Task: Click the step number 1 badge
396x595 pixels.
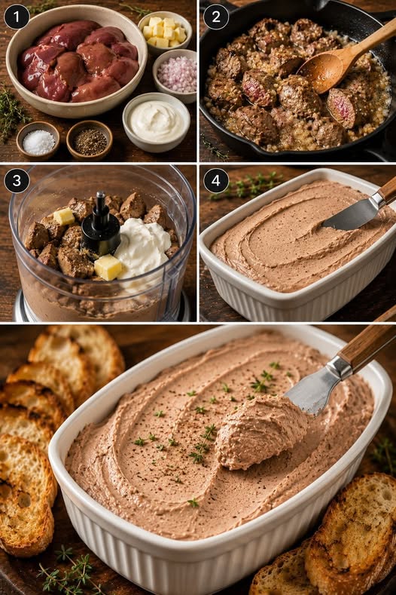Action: click(x=17, y=17)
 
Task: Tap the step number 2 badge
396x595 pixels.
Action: click(x=215, y=17)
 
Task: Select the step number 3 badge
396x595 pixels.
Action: click(x=17, y=180)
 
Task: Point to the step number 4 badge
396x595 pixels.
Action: click(x=215, y=180)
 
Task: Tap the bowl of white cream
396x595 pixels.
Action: click(x=156, y=122)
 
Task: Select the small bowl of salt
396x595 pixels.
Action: click(x=38, y=140)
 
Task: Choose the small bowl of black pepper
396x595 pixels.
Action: click(x=90, y=140)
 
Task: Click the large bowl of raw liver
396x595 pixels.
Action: click(x=76, y=61)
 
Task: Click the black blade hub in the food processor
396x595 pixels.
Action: click(x=100, y=227)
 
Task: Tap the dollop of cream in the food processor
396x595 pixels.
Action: click(x=143, y=244)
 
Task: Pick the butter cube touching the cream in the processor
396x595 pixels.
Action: click(x=108, y=268)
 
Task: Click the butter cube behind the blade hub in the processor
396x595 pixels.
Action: click(x=64, y=216)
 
